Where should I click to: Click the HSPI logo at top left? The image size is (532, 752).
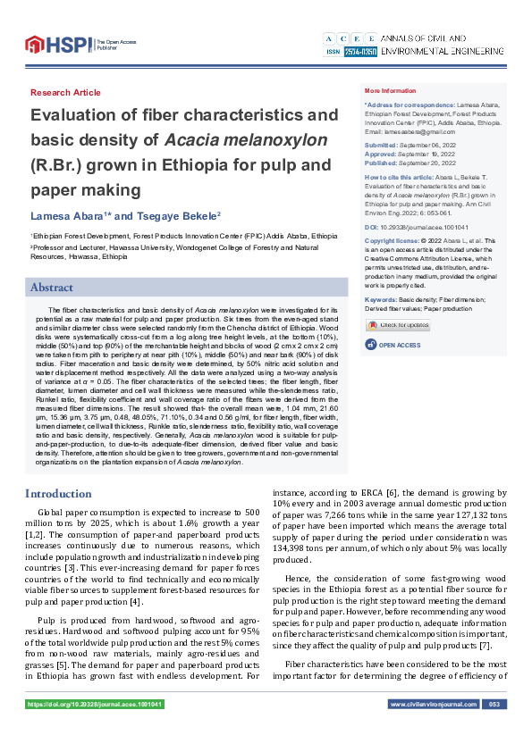[x=58, y=43]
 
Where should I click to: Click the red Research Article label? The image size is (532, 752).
[x=65, y=93]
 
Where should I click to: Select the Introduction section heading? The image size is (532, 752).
[x=57, y=493]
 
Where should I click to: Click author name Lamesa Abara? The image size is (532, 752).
[x=68, y=216]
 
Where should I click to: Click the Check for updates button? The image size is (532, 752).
[x=399, y=325]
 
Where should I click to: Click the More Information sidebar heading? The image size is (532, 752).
[x=391, y=91]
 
